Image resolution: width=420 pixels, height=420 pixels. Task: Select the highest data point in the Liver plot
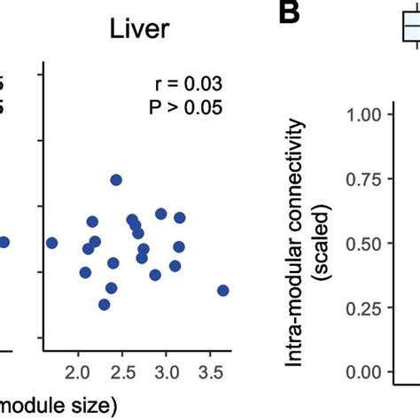(116, 180)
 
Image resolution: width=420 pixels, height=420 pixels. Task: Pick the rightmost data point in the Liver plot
(222, 291)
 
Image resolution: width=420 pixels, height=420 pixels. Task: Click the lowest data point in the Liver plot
(105, 305)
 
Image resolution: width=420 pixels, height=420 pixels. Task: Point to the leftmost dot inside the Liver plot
(51, 243)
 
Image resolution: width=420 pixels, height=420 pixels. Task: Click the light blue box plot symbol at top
(409, 29)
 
